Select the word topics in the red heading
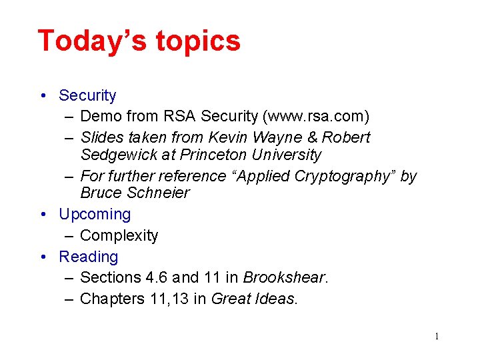click(x=198, y=42)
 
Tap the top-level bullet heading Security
click(x=87, y=96)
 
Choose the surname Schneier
click(x=158, y=193)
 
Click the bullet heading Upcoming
click(x=95, y=215)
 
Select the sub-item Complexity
click(x=119, y=236)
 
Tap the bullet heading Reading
click(x=88, y=257)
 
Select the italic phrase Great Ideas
click(x=254, y=299)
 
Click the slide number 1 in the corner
click(x=437, y=337)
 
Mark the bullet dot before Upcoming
click(x=43, y=215)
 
